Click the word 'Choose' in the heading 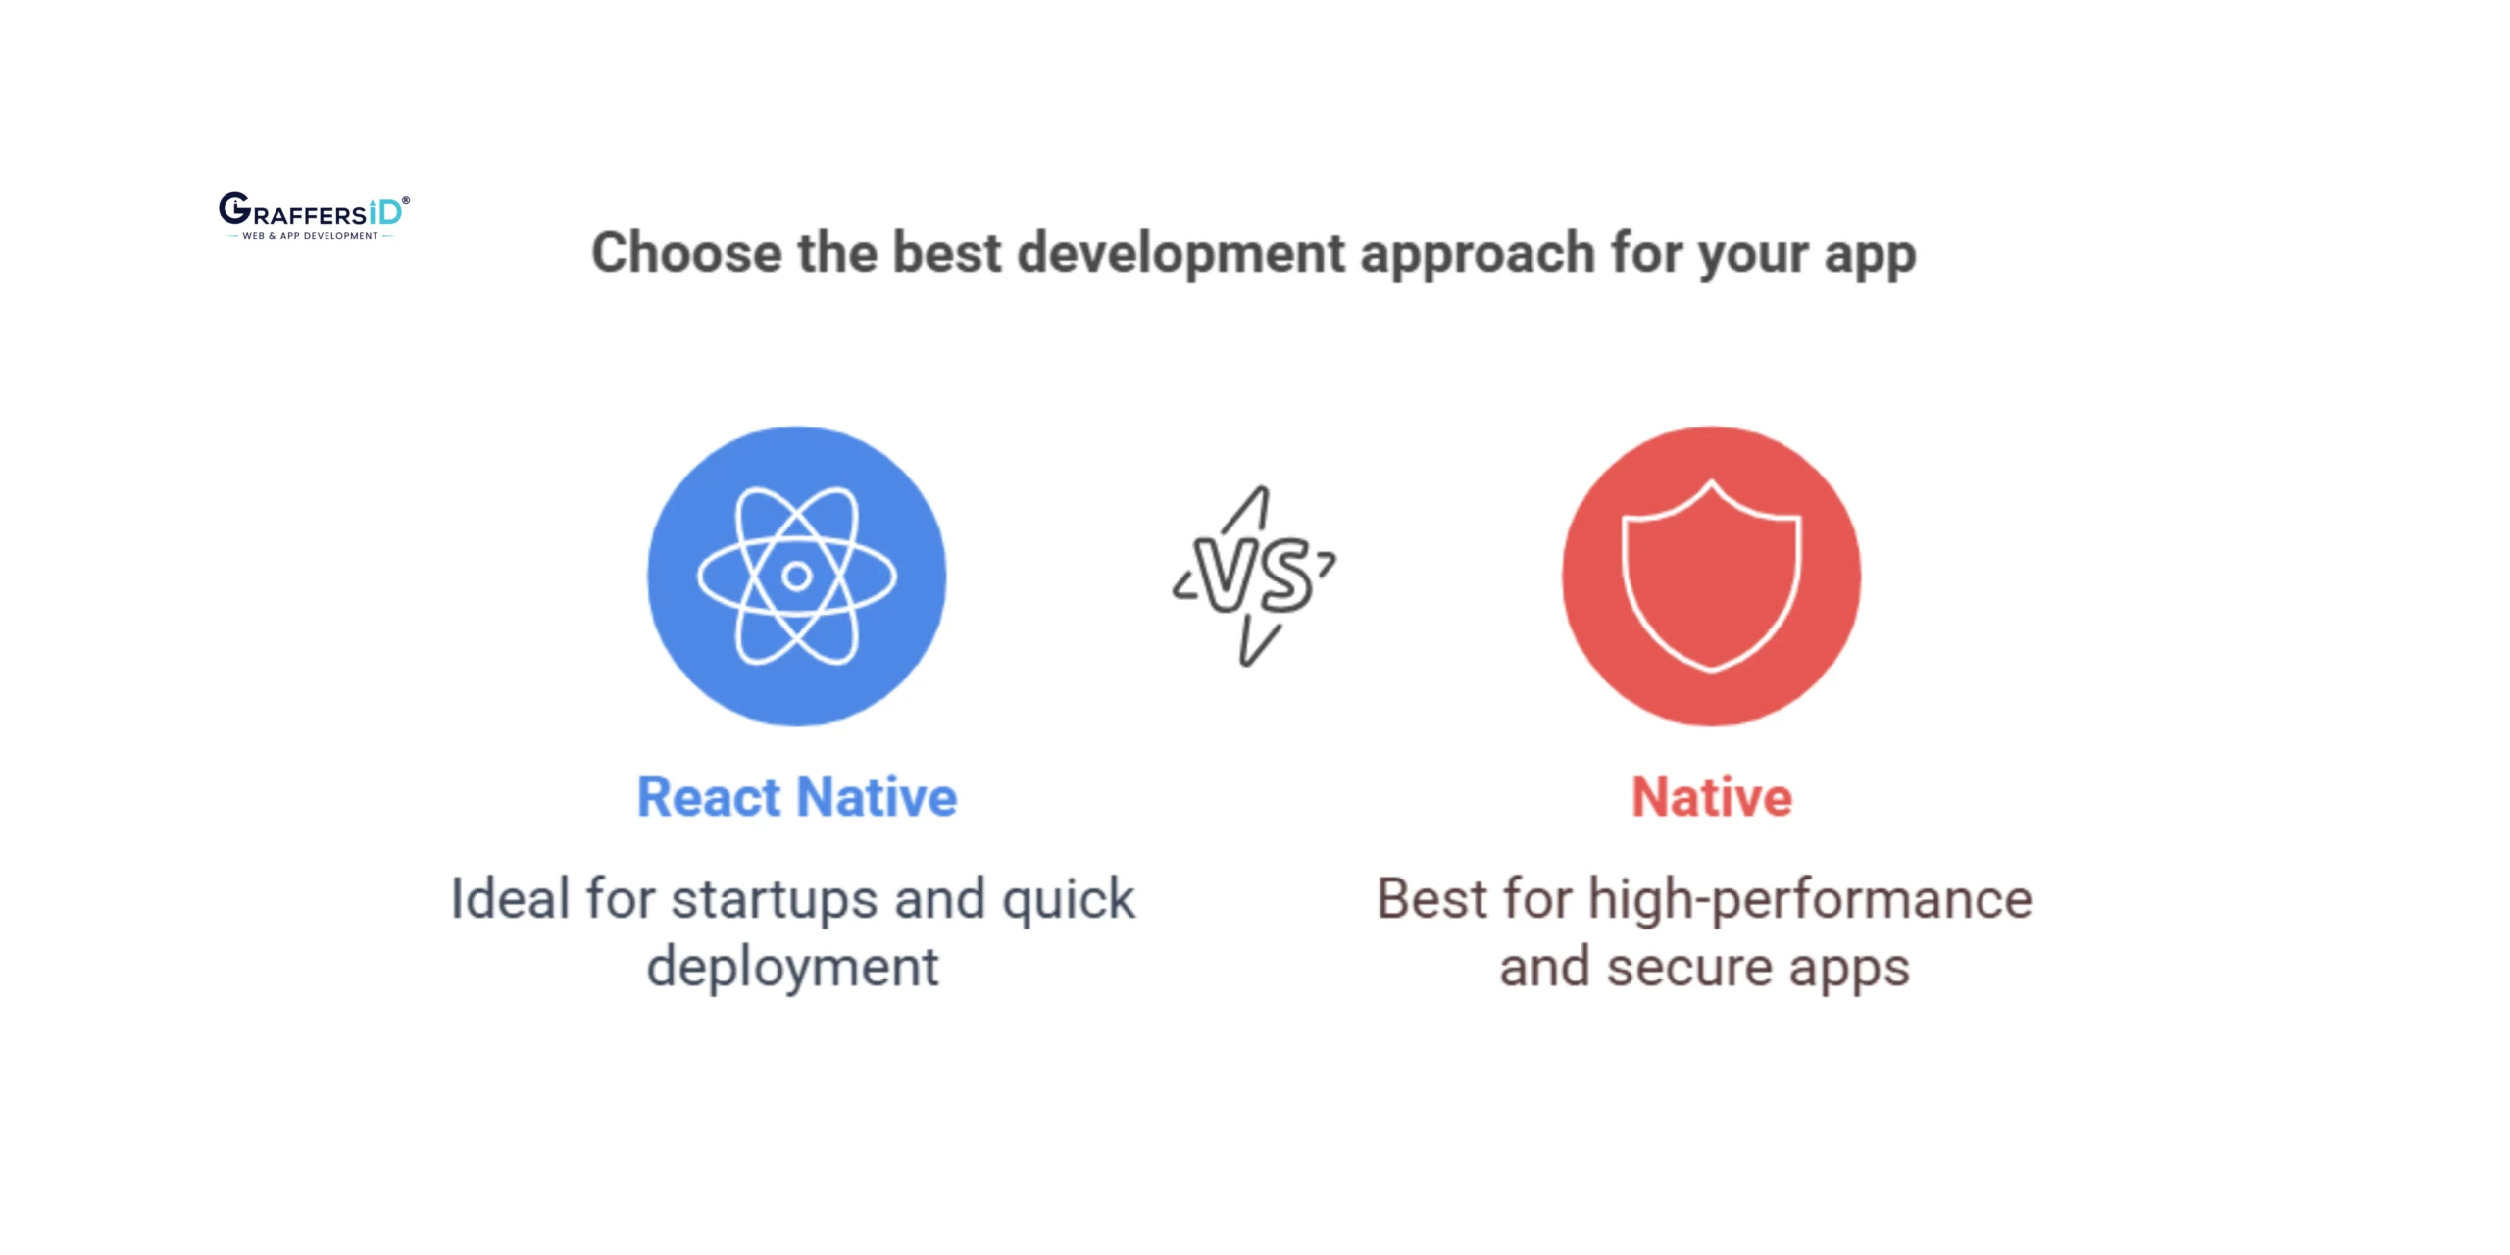pos(687,253)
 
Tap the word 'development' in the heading pos(1181,253)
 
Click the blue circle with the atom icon pos(797,576)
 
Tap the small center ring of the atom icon pos(797,576)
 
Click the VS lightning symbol pos(1254,577)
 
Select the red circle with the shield pos(1712,576)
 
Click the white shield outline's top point pos(1712,481)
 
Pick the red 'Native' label pos(1712,796)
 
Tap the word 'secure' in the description pos(1689,969)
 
